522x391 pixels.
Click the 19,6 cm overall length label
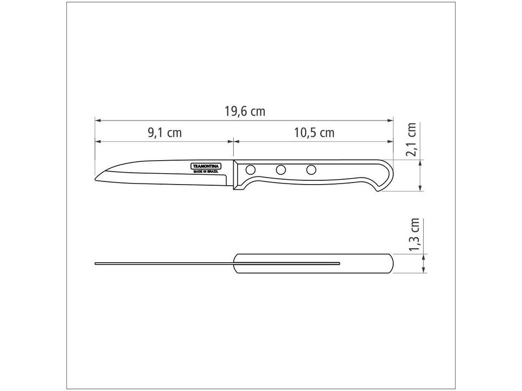245,111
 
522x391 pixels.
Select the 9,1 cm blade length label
164,133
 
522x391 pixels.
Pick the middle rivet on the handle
280,170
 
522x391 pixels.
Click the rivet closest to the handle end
310,170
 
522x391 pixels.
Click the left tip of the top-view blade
96,263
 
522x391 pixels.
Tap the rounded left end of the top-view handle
235,263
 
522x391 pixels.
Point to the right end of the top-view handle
391,263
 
